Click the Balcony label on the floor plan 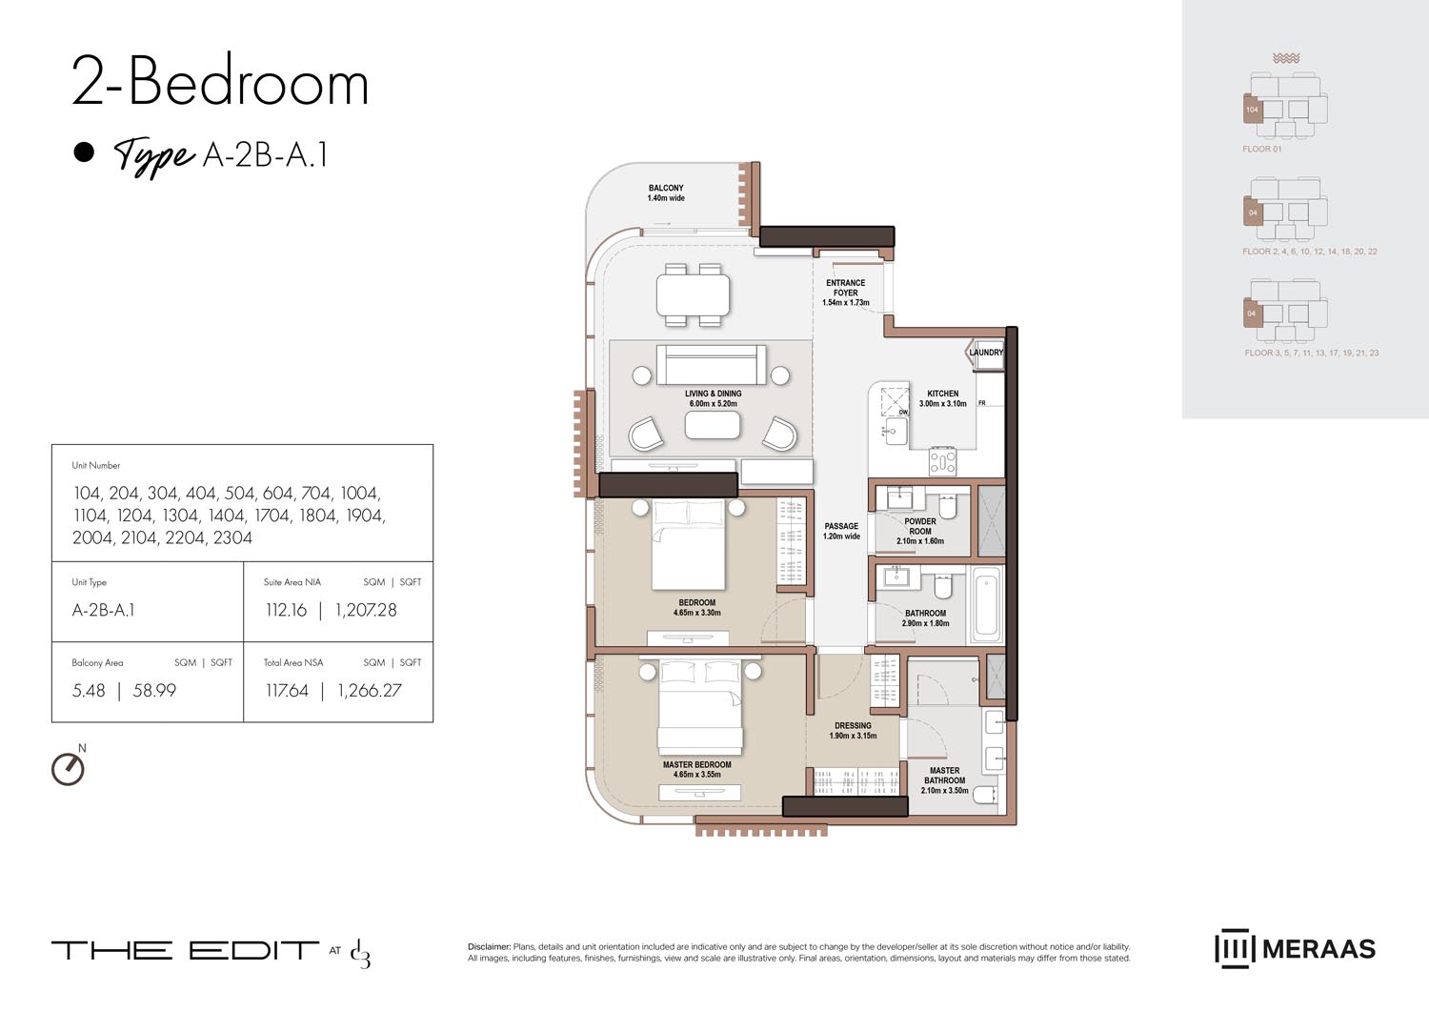click(666, 189)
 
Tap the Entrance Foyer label click(845, 288)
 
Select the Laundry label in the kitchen click(986, 353)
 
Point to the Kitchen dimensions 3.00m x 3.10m click(942, 404)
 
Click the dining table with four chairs click(693, 294)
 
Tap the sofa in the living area click(711, 365)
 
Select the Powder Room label click(919, 526)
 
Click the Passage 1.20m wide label click(841, 531)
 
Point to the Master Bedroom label click(696, 764)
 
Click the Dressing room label click(853, 726)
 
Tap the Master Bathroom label click(944, 776)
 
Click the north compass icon click(68, 768)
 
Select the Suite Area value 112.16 click(286, 610)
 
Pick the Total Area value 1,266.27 click(369, 691)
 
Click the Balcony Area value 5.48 click(89, 691)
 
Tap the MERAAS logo click(1295, 949)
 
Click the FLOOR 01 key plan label click(1261, 150)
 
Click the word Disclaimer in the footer click(489, 947)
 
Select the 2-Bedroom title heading click(220, 83)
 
